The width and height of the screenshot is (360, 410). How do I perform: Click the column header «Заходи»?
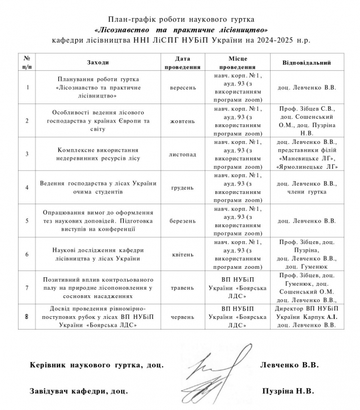98,62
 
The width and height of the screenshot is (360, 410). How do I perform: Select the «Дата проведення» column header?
182,62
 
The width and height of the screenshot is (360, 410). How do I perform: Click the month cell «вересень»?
182,88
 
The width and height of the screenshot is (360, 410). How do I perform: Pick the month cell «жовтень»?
182,121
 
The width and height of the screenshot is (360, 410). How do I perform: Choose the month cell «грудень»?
182,187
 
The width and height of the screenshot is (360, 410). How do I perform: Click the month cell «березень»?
182,220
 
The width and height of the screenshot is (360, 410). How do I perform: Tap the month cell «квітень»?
182,254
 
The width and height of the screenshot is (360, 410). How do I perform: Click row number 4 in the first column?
27,187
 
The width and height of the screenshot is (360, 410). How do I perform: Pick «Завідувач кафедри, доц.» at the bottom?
79,389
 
